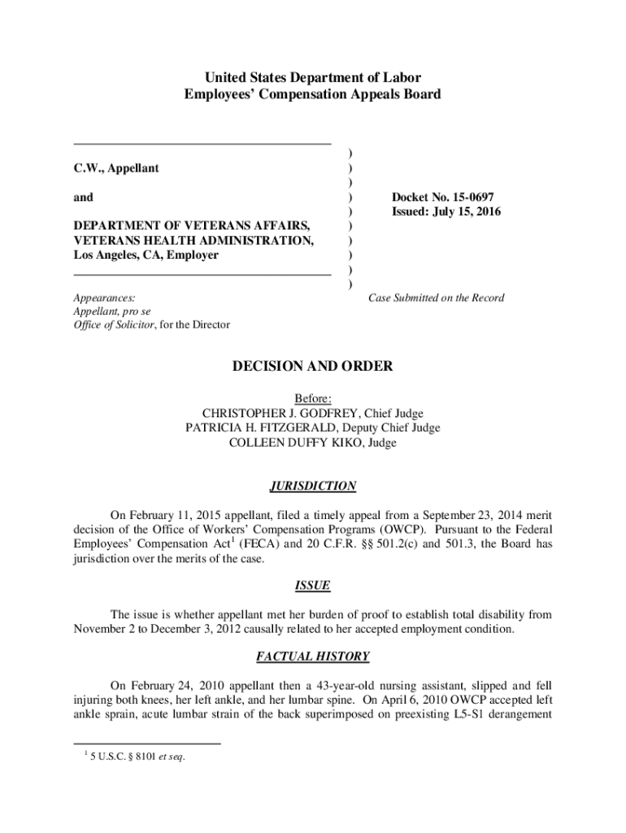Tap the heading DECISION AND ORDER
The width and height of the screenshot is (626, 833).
[313, 367]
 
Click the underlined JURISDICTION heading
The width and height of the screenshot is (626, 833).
[313, 486]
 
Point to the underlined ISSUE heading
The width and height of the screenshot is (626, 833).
[313, 586]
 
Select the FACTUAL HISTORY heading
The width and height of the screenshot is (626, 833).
[313, 656]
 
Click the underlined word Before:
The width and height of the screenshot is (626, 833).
[313, 399]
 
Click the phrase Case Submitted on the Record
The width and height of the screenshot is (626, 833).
[436, 298]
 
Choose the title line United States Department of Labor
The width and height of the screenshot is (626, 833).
[313, 78]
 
